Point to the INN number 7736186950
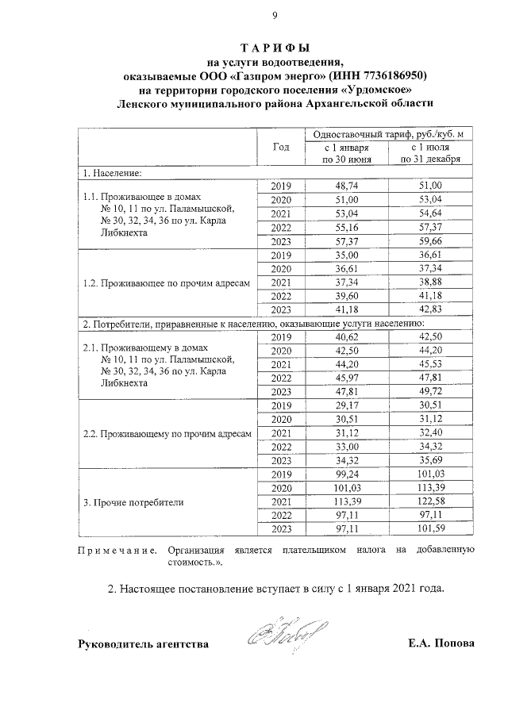point(389,75)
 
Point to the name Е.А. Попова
point(437,643)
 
